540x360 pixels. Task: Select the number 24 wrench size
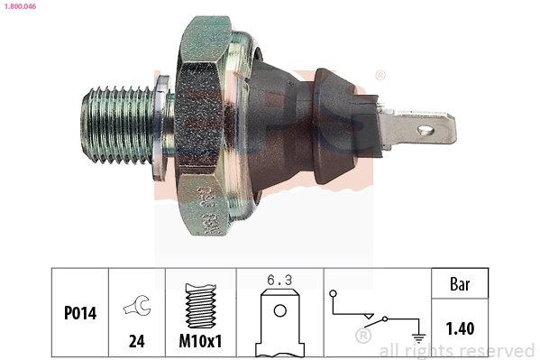pos(137,341)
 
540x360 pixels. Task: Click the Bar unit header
pos(460,282)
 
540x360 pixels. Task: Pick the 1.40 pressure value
pos(460,328)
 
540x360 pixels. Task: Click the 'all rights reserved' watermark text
pos(457,351)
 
